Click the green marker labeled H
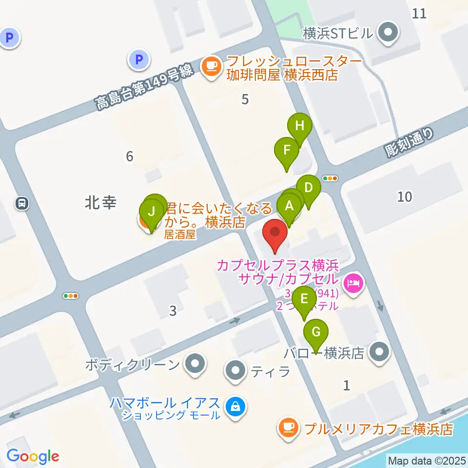click(299, 126)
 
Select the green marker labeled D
click(308, 188)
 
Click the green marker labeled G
click(316, 333)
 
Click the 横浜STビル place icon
click(389, 34)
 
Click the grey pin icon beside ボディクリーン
click(195, 364)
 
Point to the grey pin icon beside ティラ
click(236, 371)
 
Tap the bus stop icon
click(21, 203)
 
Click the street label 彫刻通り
click(409, 143)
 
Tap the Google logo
click(33, 456)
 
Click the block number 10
click(404, 197)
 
